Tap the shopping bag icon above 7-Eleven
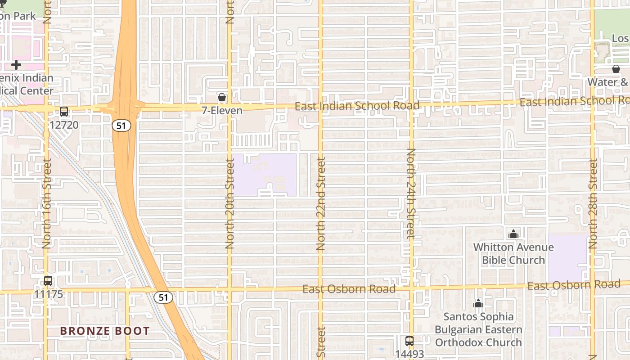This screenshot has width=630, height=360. (221, 97)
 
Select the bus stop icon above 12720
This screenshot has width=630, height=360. (64, 112)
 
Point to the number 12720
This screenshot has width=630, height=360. (64, 125)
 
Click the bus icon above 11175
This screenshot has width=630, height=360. (48, 281)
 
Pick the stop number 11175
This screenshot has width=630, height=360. (48, 294)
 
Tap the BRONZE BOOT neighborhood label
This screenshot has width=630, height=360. (105, 331)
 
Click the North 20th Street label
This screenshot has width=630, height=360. (230, 205)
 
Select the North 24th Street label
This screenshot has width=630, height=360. (410, 193)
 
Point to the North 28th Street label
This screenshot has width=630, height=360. (593, 204)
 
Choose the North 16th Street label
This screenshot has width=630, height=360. (47, 204)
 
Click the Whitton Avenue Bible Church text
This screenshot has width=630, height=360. (513, 254)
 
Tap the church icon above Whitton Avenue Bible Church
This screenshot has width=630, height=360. (513, 234)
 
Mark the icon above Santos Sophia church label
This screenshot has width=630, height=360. (478, 304)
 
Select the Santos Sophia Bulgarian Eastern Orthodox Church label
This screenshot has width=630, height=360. (478, 329)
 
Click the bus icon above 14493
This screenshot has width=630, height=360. (409, 341)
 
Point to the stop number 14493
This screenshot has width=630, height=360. (409, 354)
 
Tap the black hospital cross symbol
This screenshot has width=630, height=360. (16, 65)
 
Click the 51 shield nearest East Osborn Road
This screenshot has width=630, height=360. (163, 297)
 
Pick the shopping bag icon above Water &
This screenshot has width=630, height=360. (616, 69)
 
